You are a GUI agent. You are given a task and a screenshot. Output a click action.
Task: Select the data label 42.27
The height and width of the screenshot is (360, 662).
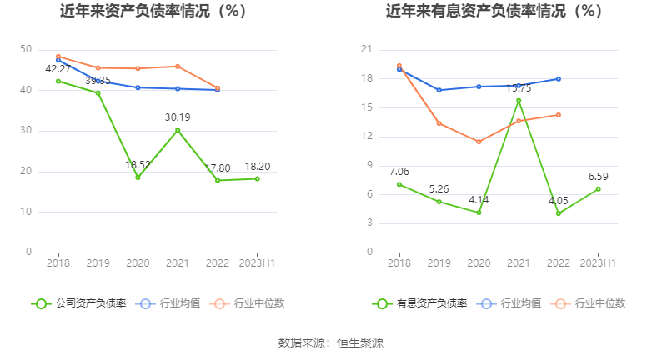[x=58, y=68]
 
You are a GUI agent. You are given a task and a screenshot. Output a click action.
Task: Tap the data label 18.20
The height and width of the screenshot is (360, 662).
[x=257, y=166]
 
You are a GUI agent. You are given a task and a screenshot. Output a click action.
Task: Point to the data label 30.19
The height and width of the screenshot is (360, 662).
[x=178, y=117]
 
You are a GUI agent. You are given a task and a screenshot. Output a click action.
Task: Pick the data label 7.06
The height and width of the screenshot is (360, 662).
[x=399, y=171]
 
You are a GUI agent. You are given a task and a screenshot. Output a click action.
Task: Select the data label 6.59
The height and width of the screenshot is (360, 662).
[x=598, y=176]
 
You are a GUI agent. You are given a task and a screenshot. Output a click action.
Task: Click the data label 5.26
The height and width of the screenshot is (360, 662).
[x=439, y=188]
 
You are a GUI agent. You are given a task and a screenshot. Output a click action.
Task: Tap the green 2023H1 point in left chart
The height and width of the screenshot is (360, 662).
[x=257, y=178]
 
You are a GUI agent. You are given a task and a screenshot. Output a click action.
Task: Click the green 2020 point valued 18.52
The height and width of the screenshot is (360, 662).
[x=138, y=177]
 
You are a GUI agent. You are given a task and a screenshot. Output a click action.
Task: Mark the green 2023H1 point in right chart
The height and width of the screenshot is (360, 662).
[x=598, y=188]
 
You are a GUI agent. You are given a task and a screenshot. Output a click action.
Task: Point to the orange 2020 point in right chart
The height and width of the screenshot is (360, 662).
[x=479, y=142]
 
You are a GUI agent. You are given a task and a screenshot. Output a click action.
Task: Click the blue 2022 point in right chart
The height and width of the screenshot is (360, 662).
[x=558, y=79]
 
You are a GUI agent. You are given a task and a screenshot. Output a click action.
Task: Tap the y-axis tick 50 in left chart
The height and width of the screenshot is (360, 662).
[x=26, y=50]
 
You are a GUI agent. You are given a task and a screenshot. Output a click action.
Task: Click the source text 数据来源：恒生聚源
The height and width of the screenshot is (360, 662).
[x=331, y=342]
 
